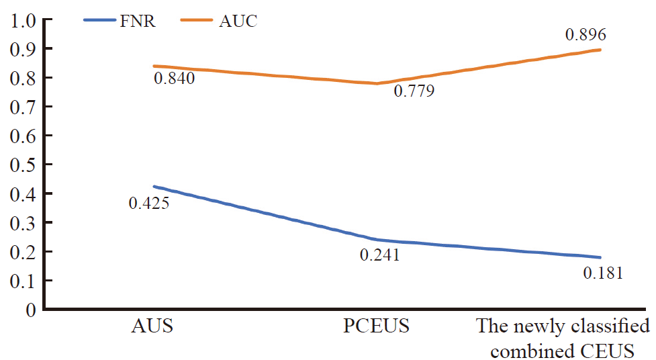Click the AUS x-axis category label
click(x=152, y=327)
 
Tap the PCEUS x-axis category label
click(x=376, y=327)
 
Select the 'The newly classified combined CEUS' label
click(x=563, y=339)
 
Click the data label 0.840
click(x=174, y=79)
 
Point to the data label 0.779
click(x=414, y=91)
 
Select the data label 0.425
click(x=148, y=201)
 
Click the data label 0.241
click(x=379, y=255)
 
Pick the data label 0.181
click(x=603, y=273)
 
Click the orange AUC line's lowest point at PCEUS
click(x=377, y=84)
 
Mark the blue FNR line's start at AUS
click(x=154, y=187)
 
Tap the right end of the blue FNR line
click(x=600, y=257)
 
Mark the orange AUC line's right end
click(x=600, y=50)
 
